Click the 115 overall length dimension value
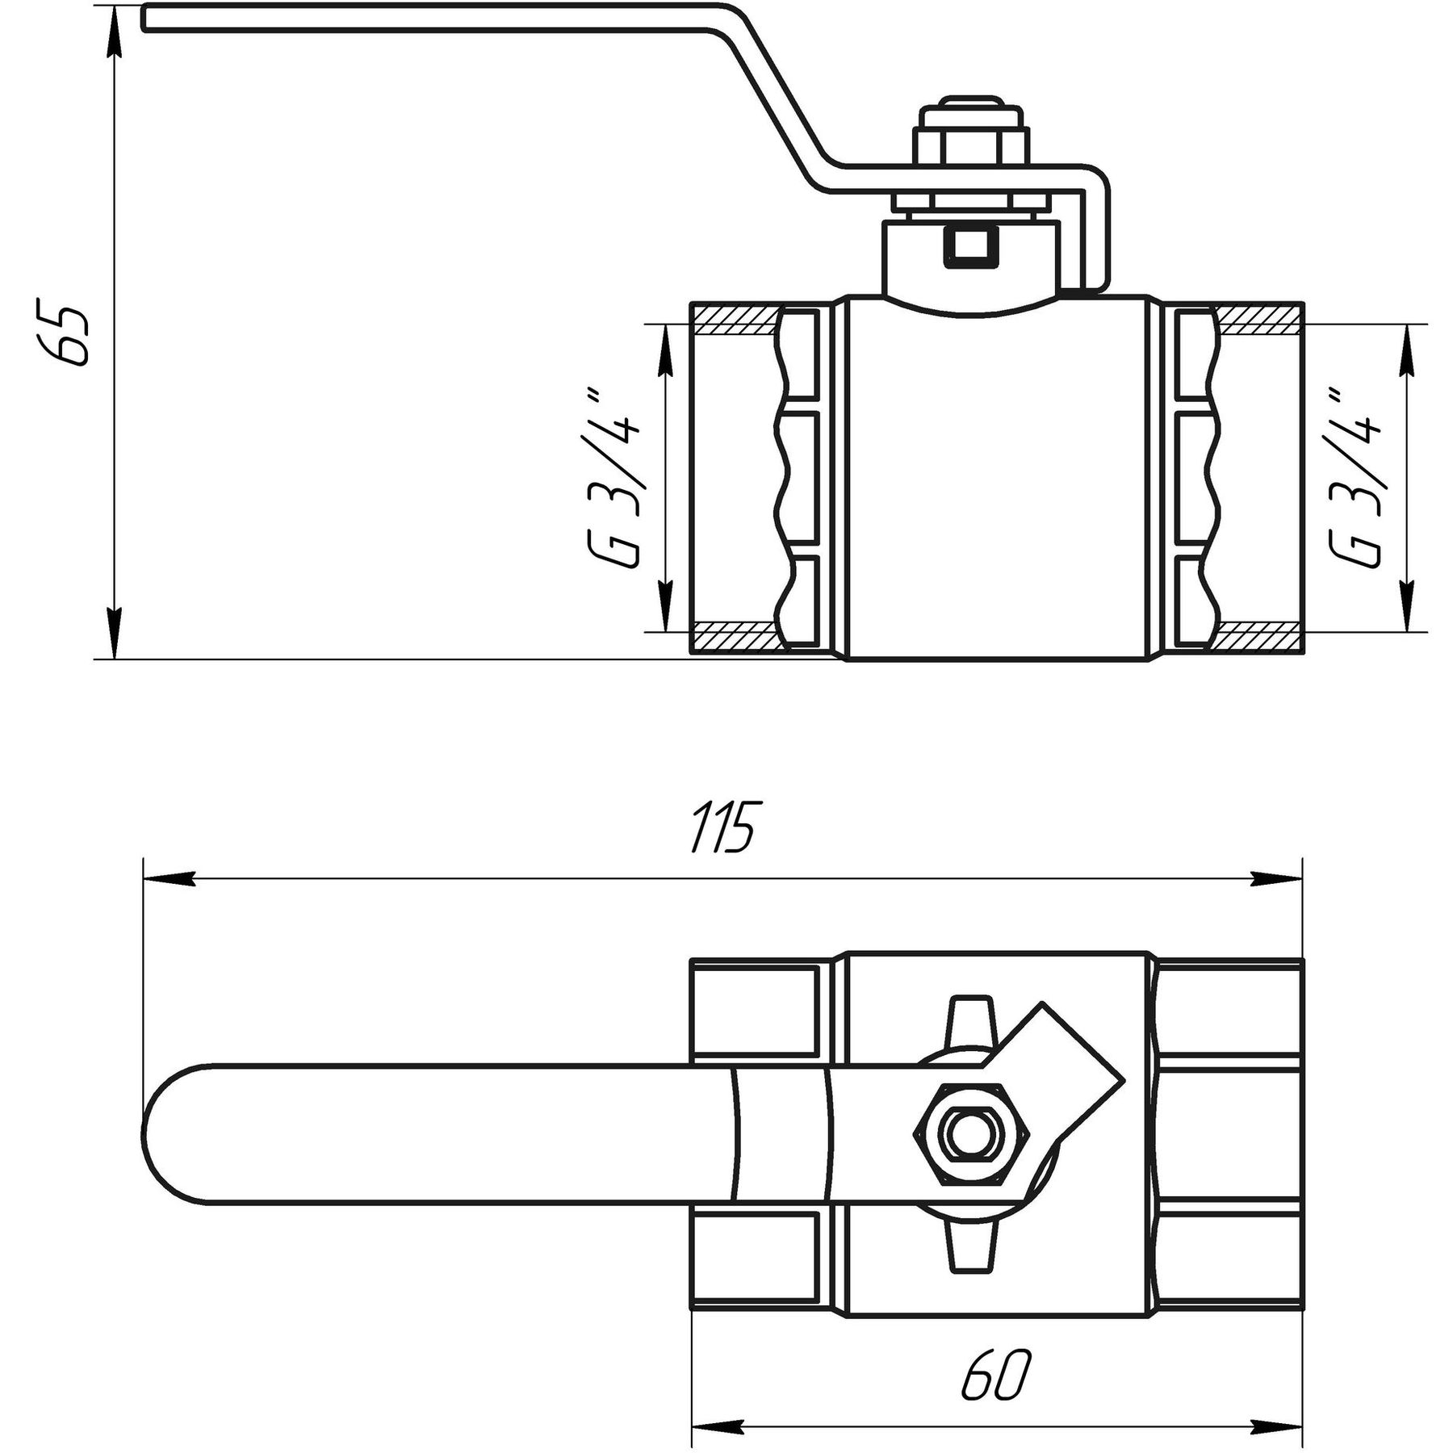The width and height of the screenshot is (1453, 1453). (x=724, y=827)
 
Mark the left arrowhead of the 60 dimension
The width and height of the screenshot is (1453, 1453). (x=715, y=1426)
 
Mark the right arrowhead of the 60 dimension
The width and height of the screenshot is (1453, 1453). (x=1279, y=1426)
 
